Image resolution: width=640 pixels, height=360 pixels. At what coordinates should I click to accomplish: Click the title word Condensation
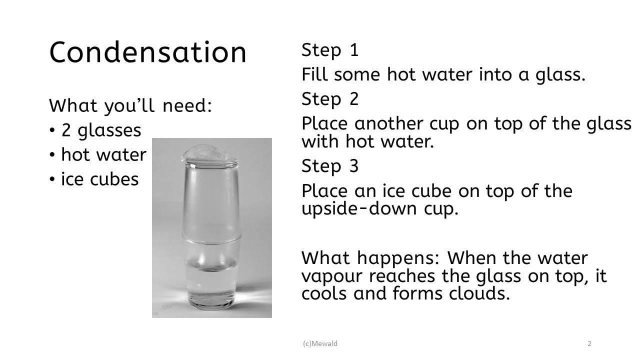[x=147, y=52]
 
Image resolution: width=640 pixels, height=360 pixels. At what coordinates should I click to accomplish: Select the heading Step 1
[x=330, y=50]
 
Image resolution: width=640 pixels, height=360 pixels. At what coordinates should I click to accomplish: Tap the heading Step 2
[x=330, y=99]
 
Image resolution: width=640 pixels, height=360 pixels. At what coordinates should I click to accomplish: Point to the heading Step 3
[x=330, y=166]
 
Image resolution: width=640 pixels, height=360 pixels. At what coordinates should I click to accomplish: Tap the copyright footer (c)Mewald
[x=320, y=343]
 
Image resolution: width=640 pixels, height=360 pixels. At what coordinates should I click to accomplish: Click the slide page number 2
[x=589, y=343]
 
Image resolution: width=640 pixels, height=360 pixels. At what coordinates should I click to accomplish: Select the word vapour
[x=332, y=276]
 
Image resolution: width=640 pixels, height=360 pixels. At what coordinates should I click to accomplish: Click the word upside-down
[x=359, y=209]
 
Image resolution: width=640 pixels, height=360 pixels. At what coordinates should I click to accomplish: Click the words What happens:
[x=370, y=258]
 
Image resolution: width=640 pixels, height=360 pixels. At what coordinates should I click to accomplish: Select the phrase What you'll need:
[x=130, y=106]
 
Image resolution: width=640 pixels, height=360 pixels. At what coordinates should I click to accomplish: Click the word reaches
[x=401, y=276]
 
